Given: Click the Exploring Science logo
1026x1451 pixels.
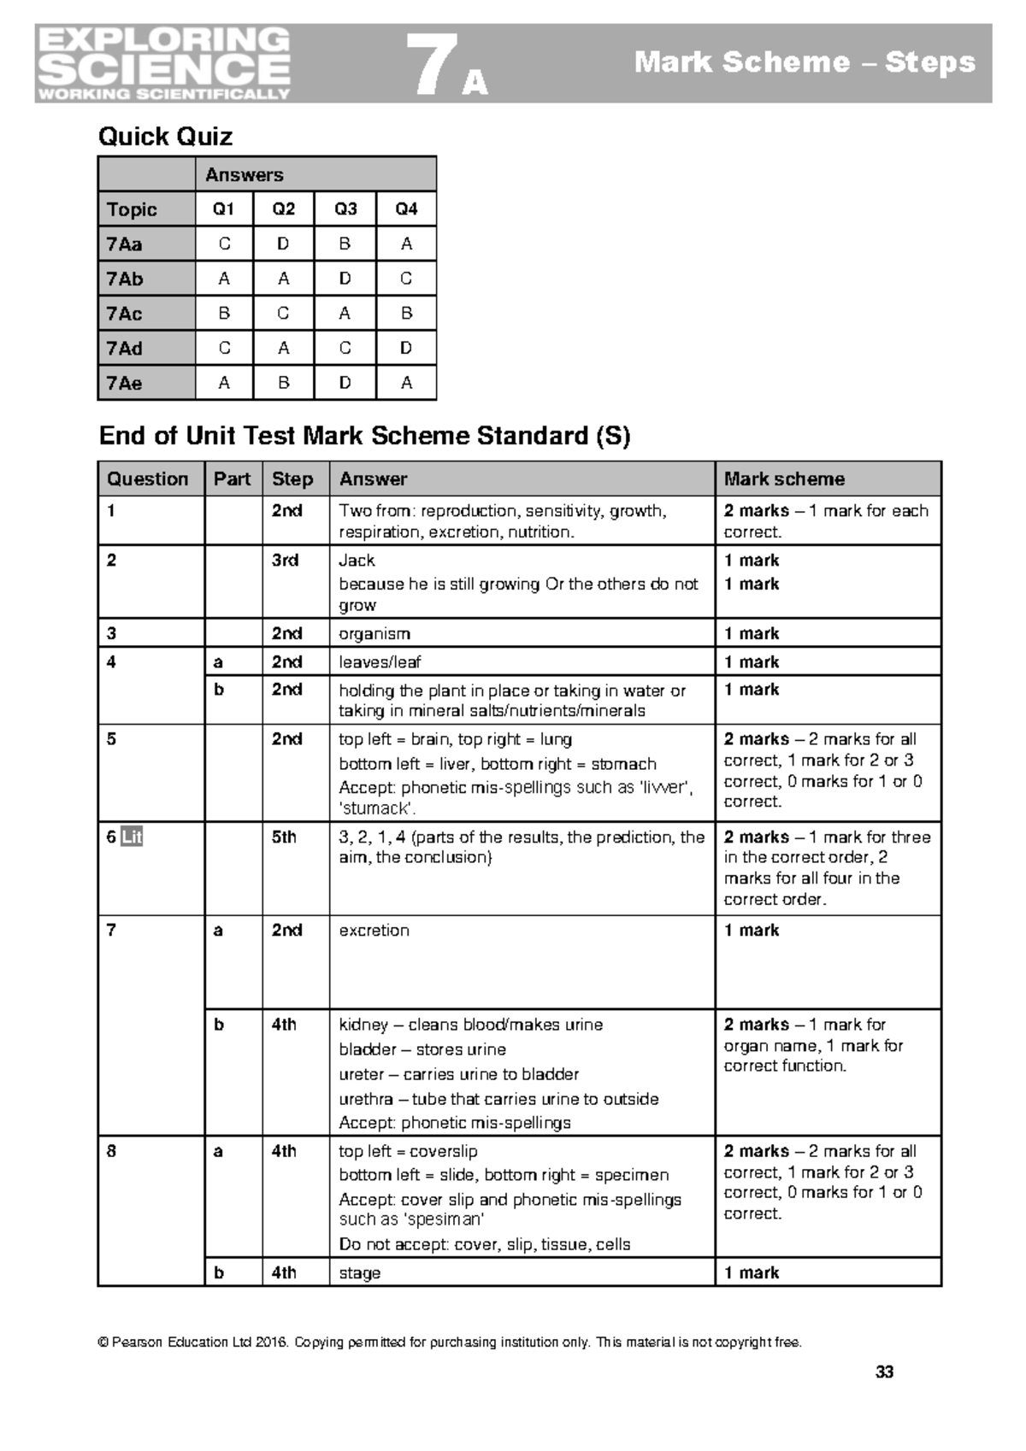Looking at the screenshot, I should coord(163,63).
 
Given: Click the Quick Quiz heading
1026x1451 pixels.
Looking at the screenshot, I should coord(165,137).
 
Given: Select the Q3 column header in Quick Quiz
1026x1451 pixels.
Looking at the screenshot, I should coord(345,209).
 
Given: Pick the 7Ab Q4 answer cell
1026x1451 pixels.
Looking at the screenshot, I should coord(406,279).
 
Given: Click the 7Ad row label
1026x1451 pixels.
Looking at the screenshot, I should coord(125,349).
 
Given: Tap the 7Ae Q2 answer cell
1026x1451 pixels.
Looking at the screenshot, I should coord(283,384).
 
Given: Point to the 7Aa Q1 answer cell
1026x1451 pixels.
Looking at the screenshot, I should coord(224,244).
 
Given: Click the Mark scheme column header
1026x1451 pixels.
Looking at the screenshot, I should coord(784,479).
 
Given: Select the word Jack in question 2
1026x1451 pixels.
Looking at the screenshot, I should coord(357,561).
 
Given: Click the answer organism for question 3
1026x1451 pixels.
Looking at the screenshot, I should coord(374,634).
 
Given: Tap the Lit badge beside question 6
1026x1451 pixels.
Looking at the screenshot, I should coord(131,837).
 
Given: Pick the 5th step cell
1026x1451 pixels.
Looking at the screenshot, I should coord(284,837).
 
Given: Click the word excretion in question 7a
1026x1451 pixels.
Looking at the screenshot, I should coord(374,931).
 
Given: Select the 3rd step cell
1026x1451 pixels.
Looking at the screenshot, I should coord(285,561).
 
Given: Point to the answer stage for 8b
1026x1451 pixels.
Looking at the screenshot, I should coord(359,1273).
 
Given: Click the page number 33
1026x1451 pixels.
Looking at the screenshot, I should coord(884,1372).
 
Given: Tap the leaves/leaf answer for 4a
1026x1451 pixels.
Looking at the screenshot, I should coord(380,662).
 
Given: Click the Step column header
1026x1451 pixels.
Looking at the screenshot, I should coord(292,479).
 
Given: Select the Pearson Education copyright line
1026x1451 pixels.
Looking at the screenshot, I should coord(451,1342).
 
